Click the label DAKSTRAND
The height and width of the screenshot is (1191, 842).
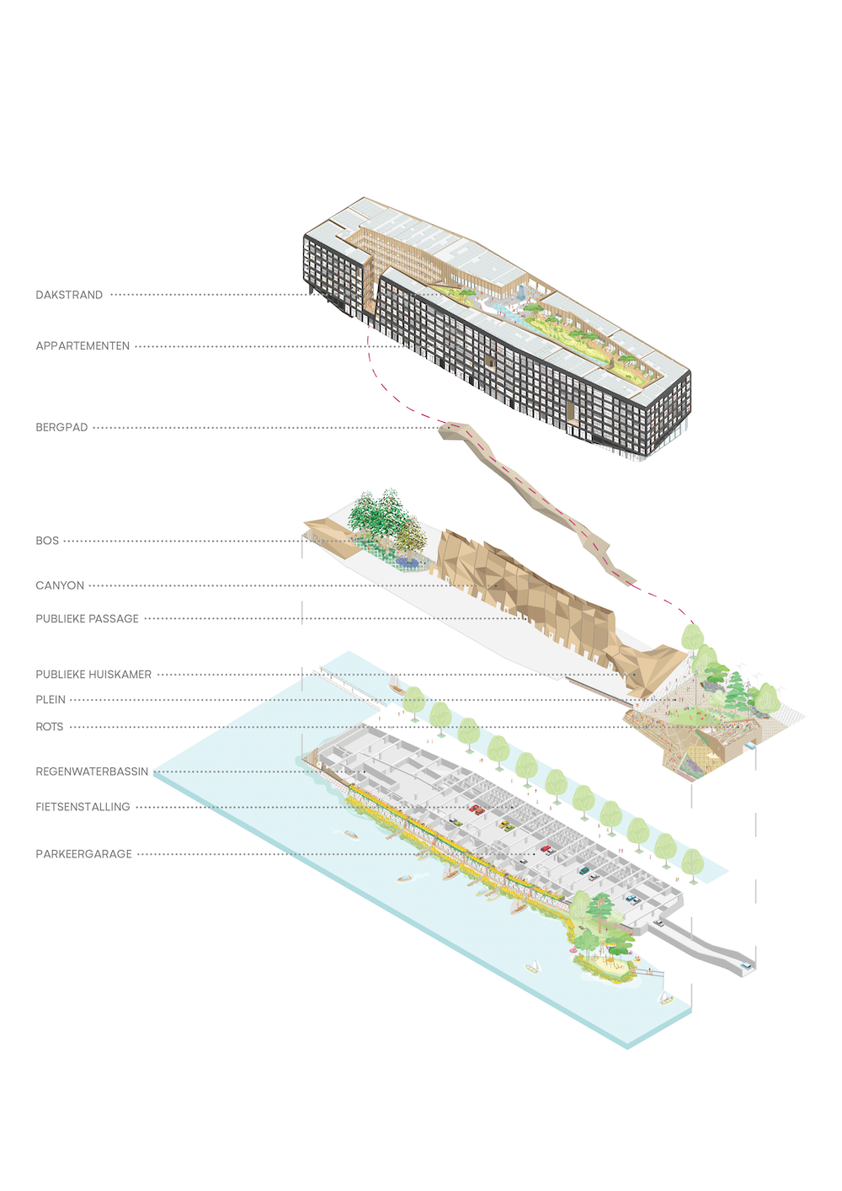(x=69, y=295)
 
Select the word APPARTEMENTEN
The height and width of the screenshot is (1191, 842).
(x=83, y=346)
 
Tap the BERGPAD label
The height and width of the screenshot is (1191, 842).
(x=61, y=428)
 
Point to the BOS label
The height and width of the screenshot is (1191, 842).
(x=47, y=541)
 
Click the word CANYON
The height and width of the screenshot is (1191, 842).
(x=60, y=585)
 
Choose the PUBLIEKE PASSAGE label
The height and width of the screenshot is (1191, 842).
(x=87, y=619)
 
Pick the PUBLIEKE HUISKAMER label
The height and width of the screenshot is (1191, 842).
(x=93, y=675)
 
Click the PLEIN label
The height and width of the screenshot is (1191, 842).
(x=51, y=700)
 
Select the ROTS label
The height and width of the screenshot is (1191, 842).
(x=50, y=727)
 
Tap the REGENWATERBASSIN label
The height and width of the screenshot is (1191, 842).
(x=92, y=772)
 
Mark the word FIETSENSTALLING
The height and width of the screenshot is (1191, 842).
(x=83, y=807)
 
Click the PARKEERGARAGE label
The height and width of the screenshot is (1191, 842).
(x=83, y=854)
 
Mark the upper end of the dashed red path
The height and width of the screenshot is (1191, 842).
(x=368, y=337)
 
